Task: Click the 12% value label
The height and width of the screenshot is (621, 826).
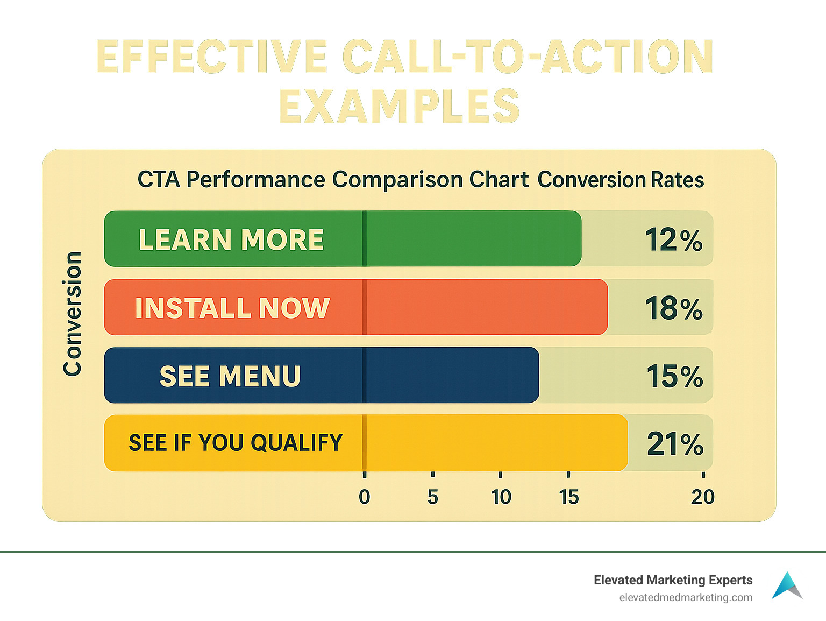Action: [674, 240]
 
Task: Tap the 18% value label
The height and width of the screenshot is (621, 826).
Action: [674, 308]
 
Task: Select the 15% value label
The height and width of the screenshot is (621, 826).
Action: [675, 376]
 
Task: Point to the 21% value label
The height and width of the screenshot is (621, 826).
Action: [675, 444]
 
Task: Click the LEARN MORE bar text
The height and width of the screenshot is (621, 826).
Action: [231, 240]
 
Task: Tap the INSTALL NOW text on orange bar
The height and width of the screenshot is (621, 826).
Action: [232, 308]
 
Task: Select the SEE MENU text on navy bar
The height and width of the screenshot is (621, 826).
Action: [230, 376]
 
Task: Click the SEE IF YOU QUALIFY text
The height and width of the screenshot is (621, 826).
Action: [236, 443]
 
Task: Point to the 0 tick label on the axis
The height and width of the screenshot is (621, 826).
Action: [365, 497]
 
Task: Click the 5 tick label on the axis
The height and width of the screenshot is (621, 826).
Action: [433, 497]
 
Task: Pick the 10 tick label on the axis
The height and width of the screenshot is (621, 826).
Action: [501, 497]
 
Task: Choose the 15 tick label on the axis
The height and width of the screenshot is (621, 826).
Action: [569, 497]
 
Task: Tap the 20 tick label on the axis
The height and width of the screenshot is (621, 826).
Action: [703, 497]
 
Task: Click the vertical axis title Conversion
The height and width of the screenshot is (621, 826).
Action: [73, 314]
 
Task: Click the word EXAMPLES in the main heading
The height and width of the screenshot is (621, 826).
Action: [399, 106]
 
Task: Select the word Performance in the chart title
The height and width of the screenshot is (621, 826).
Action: [255, 180]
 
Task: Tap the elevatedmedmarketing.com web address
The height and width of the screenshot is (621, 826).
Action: [686, 597]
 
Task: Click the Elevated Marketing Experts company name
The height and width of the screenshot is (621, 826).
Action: [673, 580]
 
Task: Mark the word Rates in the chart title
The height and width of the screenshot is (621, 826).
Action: [677, 180]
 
